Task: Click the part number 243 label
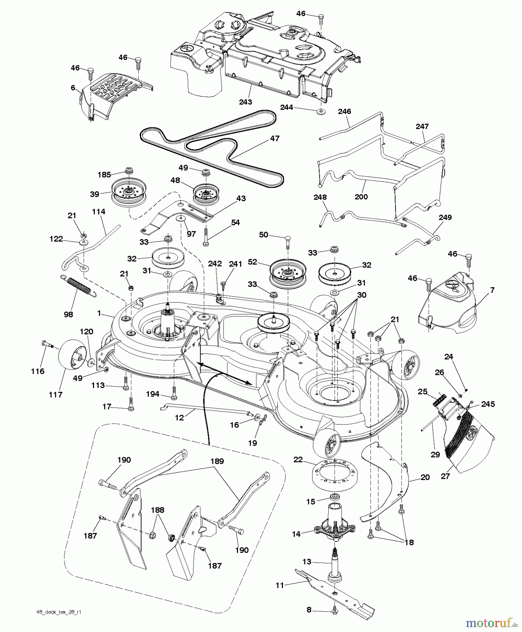tap(245, 102)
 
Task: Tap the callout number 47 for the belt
tap(275, 138)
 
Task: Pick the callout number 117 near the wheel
tap(55, 395)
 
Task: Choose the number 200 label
tap(361, 197)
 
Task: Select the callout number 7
tap(492, 290)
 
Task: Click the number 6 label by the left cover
tap(73, 87)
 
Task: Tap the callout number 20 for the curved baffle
tap(425, 478)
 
